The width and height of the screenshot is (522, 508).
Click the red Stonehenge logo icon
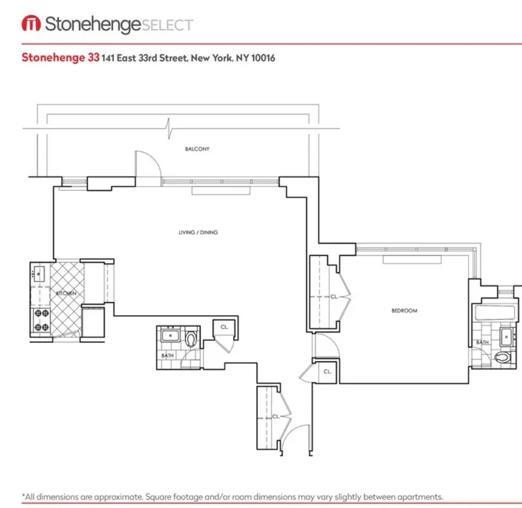click(31, 24)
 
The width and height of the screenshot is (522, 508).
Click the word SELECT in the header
click(167, 25)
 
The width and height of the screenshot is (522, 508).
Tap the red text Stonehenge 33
click(60, 57)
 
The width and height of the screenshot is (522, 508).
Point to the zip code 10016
click(263, 58)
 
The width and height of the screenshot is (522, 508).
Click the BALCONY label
click(198, 149)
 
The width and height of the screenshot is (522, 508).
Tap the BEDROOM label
click(404, 311)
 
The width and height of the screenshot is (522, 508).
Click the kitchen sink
click(40, 272)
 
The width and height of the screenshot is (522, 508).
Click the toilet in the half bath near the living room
click(191, 339)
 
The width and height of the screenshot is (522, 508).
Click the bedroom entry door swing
click(324, 345)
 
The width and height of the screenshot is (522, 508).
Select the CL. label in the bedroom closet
click(334, 297)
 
